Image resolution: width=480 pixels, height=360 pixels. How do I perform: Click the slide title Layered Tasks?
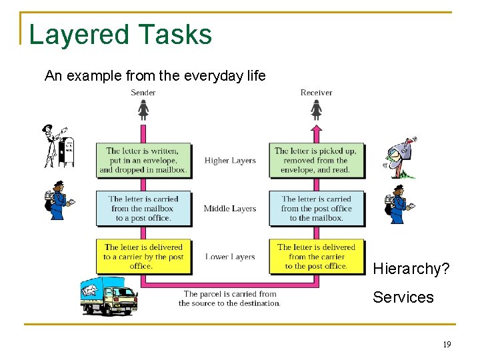pos(120,34)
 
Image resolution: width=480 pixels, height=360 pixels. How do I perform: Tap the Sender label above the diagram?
pos(143,93)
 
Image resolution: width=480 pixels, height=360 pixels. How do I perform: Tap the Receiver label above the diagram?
pos(316,93)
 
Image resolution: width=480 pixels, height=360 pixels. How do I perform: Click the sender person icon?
pos(143,109)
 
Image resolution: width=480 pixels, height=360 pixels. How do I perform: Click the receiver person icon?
pos(317,109)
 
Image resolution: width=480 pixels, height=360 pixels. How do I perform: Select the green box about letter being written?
pos(143,161)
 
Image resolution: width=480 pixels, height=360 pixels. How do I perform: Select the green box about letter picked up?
pos(317,161)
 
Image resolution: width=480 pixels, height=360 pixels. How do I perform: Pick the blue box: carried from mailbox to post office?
pos(143,209)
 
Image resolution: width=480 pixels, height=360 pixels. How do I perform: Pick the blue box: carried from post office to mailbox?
pos(317,209)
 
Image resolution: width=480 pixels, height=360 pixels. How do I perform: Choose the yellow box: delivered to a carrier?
pos(143,257)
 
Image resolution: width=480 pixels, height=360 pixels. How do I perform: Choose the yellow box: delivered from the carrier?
pos(317,257)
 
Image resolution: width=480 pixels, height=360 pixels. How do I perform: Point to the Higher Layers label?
pos(230,161)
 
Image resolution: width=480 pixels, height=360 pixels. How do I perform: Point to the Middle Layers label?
pos(230,209)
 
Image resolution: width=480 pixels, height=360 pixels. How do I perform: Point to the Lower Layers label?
pos(230,257)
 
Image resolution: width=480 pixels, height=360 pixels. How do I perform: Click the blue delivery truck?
pos(108,296)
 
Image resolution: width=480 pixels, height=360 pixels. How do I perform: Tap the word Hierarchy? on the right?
pos(411,269)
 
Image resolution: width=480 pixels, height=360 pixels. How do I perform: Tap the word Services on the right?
pos(403,297)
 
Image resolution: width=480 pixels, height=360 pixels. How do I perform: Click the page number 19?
pos(447,345)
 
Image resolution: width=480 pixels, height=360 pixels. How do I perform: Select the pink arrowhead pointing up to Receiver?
pos(317,129)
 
